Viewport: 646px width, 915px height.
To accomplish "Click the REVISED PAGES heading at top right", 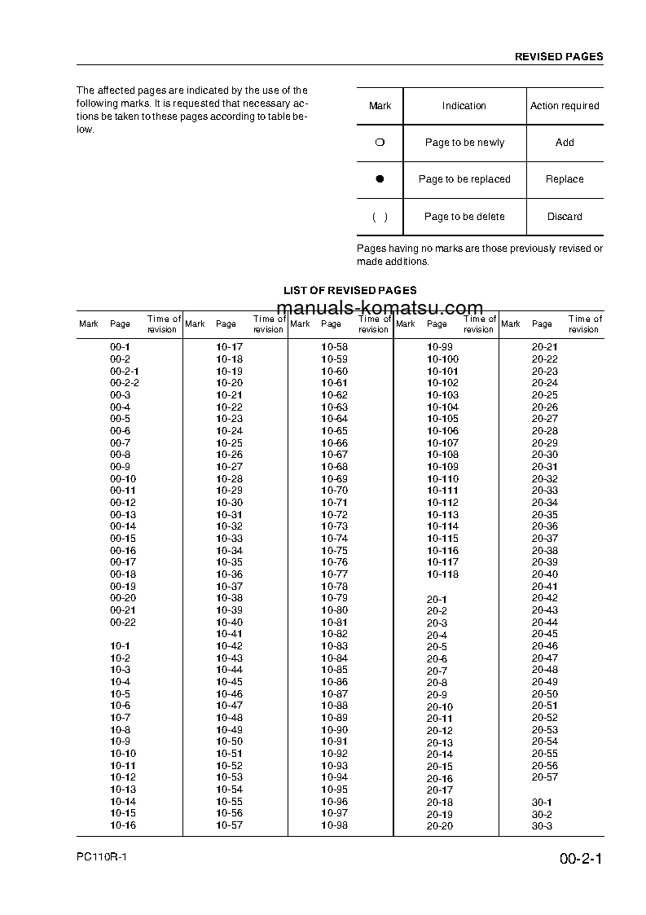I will [559, 57].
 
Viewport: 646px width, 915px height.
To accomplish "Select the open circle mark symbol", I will [380, 143].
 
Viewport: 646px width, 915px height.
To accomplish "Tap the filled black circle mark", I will [380, 179].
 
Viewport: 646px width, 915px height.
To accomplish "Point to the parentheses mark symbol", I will [380, 217].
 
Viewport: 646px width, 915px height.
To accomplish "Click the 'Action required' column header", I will [565, 106].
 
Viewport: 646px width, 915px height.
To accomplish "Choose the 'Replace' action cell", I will [565, 179].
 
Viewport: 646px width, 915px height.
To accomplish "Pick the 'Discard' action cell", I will [565, 217].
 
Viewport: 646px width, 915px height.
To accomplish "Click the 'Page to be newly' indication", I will [464, 143].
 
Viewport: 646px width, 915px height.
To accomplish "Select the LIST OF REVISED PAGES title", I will [349, 290].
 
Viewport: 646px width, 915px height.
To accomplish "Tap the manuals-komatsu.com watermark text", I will [380, 308].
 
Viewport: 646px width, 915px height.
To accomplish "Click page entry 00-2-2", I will [125, 383].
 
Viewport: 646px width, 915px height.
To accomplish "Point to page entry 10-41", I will [229, 634].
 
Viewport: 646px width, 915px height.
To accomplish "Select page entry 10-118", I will [442, 574].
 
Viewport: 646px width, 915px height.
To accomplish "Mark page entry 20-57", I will [545, 777].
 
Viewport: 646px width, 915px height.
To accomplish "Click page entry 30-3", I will [542, 826].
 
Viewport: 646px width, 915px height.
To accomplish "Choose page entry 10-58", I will [334, 347].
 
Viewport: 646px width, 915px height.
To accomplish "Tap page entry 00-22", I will [123, 622].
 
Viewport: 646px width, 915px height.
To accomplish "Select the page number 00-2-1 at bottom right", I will [580, 860].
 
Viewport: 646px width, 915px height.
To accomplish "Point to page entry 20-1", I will [437, 600].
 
